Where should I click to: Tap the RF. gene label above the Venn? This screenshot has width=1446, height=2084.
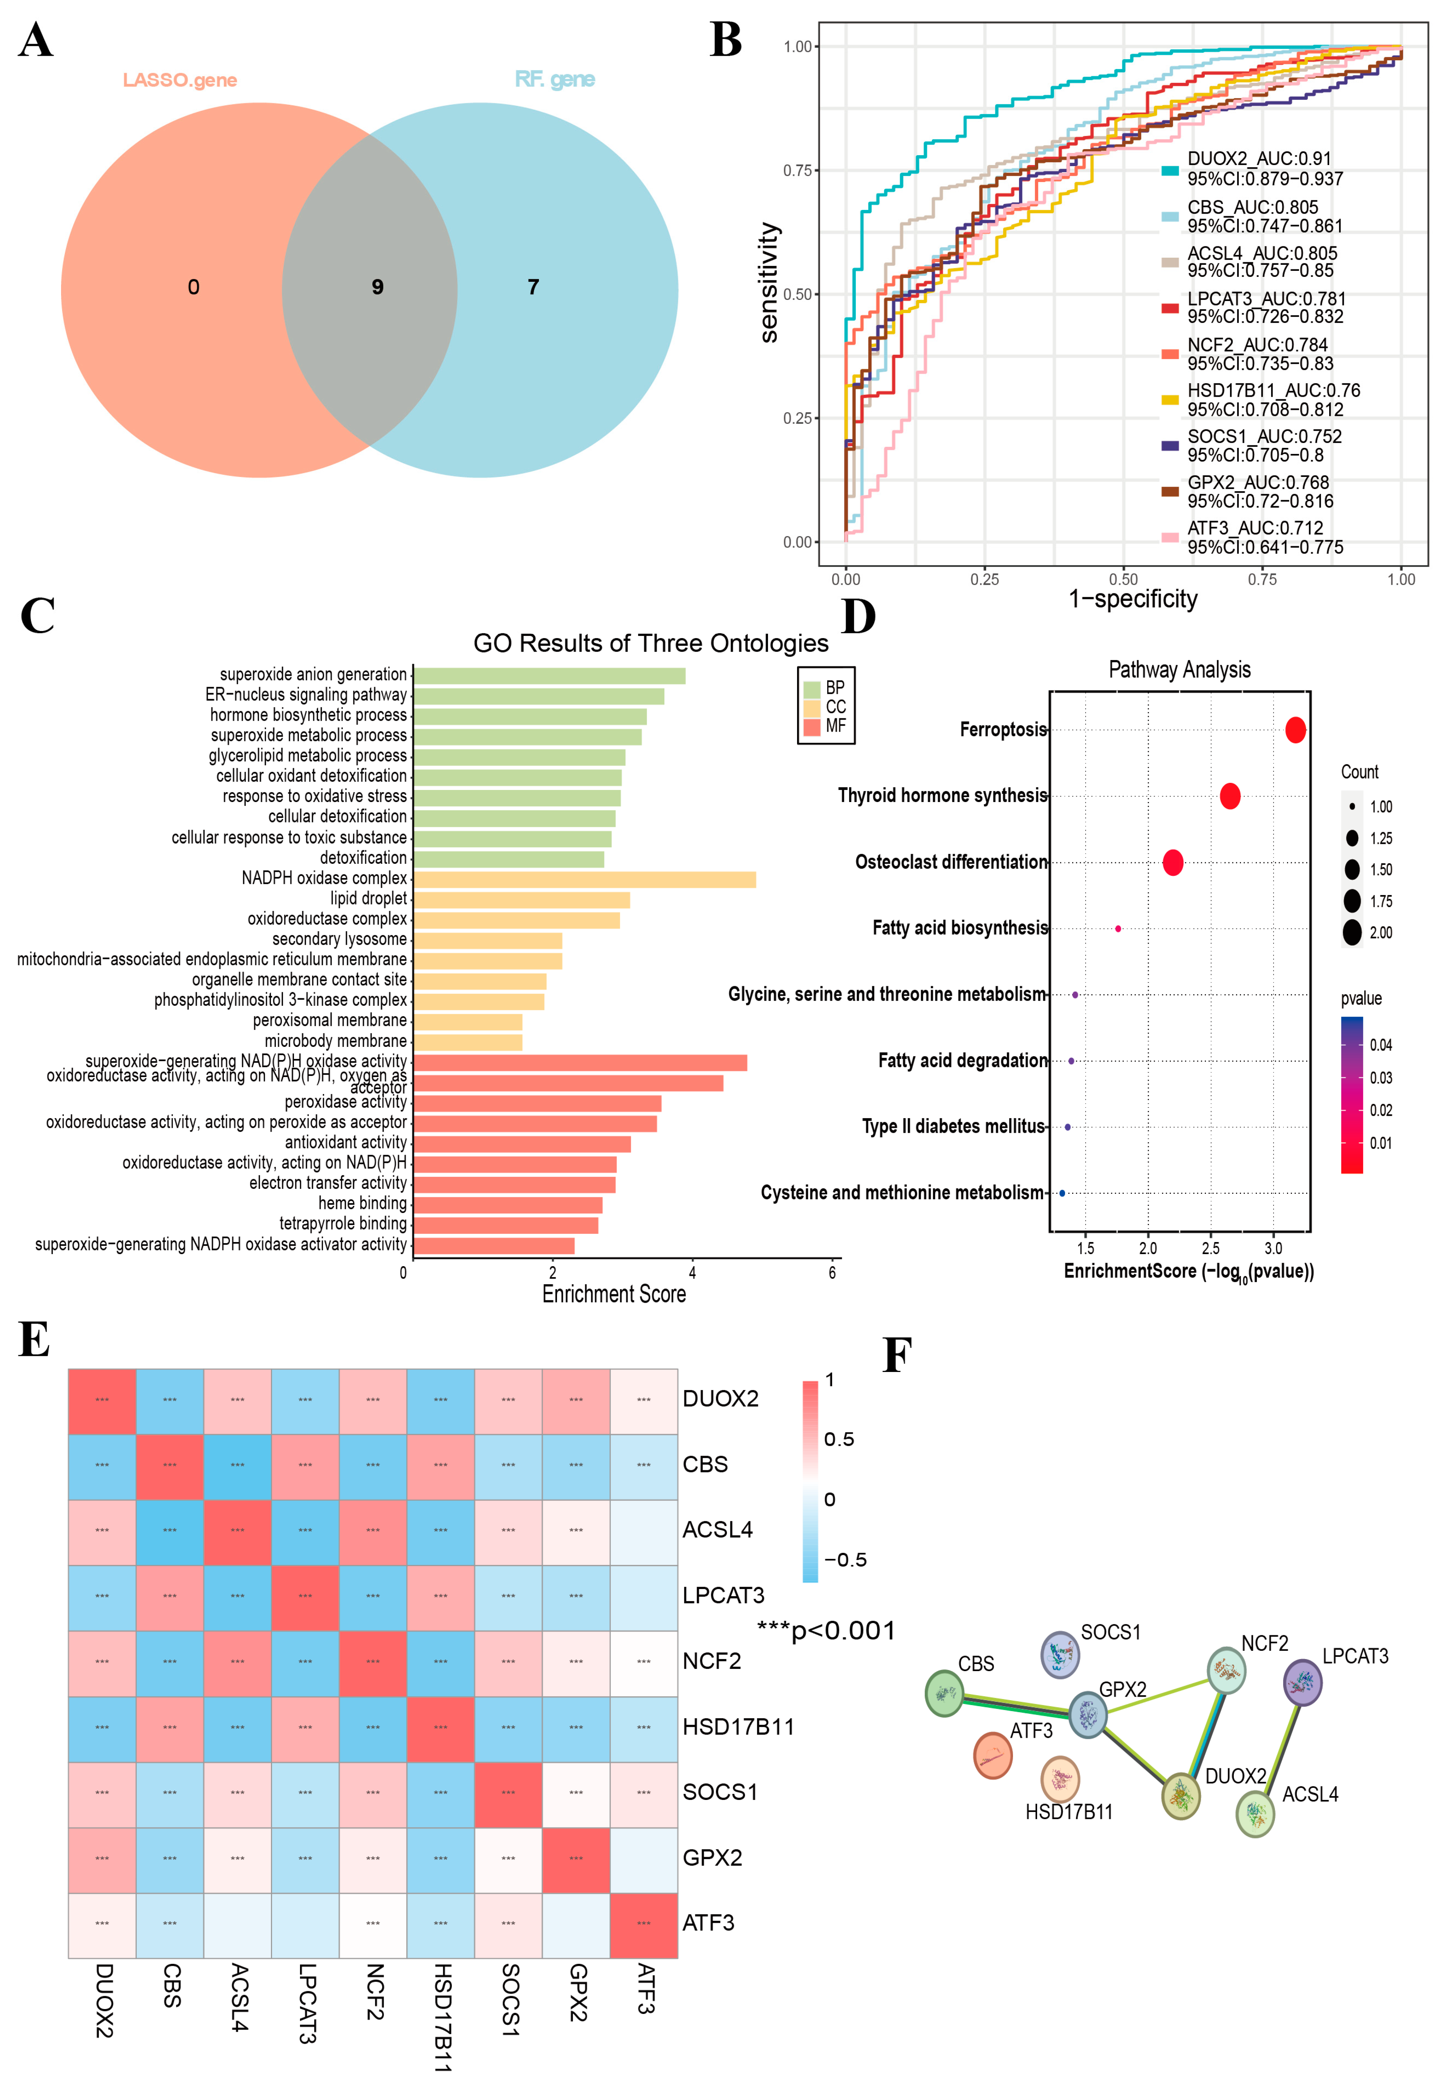coord(554,80)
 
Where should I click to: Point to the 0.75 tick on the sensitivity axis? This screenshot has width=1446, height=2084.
coord(797,170)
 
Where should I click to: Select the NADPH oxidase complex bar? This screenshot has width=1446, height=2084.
coord(585,879)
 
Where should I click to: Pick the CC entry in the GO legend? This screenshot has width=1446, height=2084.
coord(834,706)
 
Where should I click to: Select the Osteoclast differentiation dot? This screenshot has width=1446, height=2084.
coord(1172,862)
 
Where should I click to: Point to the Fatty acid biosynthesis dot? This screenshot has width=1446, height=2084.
coord(1118,928)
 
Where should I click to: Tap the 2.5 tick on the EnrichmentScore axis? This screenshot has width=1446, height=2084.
coord(1210,1248)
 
